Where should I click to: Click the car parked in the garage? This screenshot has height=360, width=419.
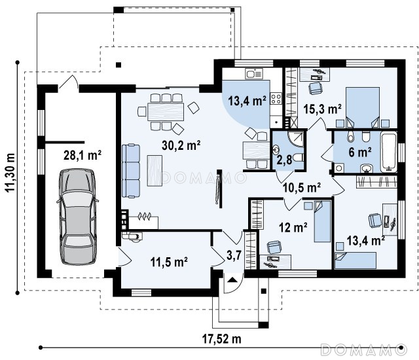coord(77,217)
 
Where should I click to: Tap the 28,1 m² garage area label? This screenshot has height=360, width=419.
coord(82,155)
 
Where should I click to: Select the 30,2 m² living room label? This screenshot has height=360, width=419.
coord(181,145)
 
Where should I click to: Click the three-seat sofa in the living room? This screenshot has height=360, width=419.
coord(131,171)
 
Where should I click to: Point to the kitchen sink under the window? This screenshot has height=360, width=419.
coord(254,73)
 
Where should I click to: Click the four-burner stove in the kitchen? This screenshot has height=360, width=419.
coord(276,98)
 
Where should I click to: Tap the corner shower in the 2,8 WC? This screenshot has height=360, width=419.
coord(296,139)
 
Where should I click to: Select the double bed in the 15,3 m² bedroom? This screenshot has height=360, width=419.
coord(363,107)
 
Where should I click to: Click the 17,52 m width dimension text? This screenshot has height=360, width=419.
coord(221,339)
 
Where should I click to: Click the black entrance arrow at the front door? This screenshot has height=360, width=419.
coord(232,279)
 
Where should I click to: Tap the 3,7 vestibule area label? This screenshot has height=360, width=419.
coord(234,255)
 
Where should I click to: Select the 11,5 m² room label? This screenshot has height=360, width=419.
coord(169,262)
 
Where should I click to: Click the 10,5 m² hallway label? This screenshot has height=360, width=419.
coord(302,188)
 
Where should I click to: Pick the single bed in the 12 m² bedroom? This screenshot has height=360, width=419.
coord(322,221)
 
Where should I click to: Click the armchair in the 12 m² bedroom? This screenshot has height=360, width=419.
coord(274,247)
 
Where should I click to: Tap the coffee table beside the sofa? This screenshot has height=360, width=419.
coord(155,171)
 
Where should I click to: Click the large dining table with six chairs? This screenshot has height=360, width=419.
coord(166,112)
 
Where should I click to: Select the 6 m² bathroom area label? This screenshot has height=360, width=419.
coord(360,153)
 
